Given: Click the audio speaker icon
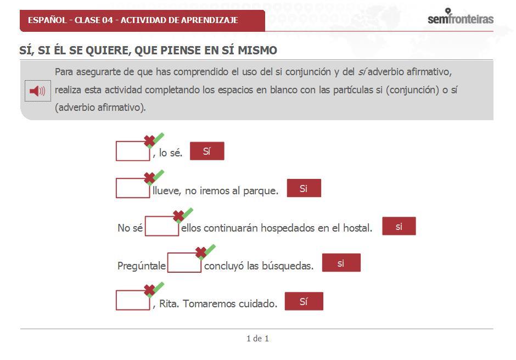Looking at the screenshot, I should coord(37,91).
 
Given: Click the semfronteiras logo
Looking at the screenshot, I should coord(460,18).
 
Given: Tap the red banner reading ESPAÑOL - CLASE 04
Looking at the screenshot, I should coord(142,20).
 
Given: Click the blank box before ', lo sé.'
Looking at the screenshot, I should coord(132,151).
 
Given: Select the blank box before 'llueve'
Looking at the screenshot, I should coord(132,188).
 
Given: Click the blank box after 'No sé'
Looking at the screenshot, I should coord(162,226).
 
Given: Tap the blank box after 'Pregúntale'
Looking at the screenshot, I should coord(184,263).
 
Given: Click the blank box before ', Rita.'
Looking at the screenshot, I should coord(132,301).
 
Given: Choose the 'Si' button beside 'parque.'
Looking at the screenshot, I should coord(304,188).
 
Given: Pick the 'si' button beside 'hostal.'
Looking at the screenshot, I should coord(399,226).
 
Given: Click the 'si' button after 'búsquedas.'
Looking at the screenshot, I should coord(341,263).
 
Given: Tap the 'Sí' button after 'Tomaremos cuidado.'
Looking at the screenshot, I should coord(304,301).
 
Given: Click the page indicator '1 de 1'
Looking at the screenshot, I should coord(257,339).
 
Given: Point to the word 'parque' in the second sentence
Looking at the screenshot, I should coord(259,190).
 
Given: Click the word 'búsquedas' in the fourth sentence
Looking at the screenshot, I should coord(290,266).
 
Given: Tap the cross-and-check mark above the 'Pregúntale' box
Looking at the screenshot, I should coord(205,252).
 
